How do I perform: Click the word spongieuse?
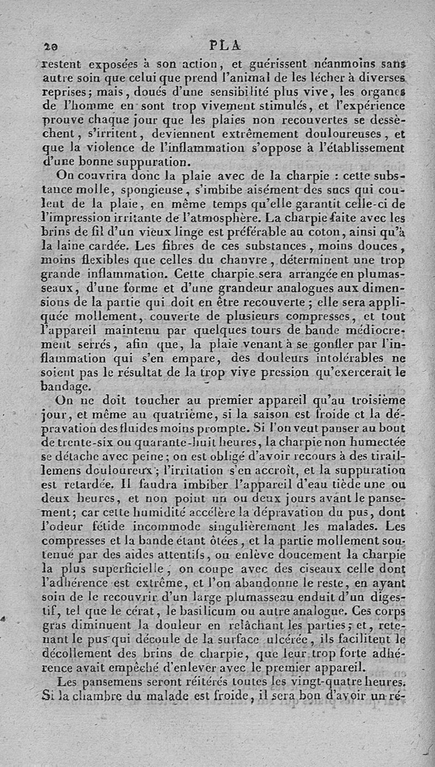click(x=159, y=191)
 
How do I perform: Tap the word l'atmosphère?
click(x=204, y=219)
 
